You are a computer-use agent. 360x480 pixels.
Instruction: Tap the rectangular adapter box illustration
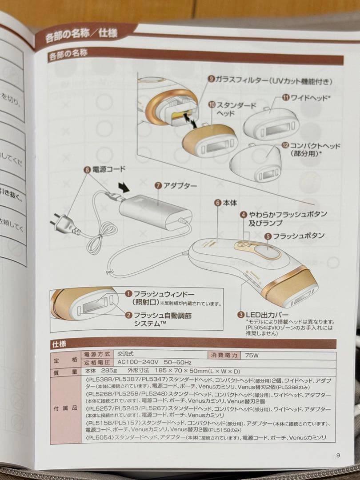[x=155, y=209]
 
